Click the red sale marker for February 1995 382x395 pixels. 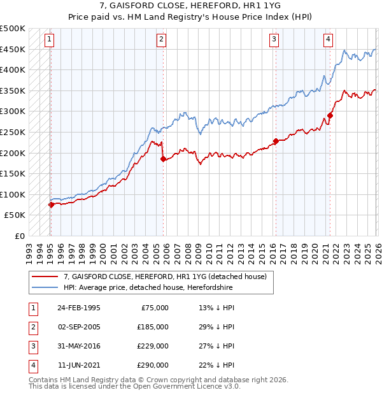click(x=51, y=205)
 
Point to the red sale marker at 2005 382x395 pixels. click(x=163, y=159)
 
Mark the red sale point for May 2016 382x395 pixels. click(x=276, y=141)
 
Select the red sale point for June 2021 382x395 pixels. click(x=330, y=115)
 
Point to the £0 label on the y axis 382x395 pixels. click(x=19, y=236)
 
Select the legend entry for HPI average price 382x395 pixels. click(x=148, y=288)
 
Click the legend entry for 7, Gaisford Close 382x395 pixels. click(x=168, y=276)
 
